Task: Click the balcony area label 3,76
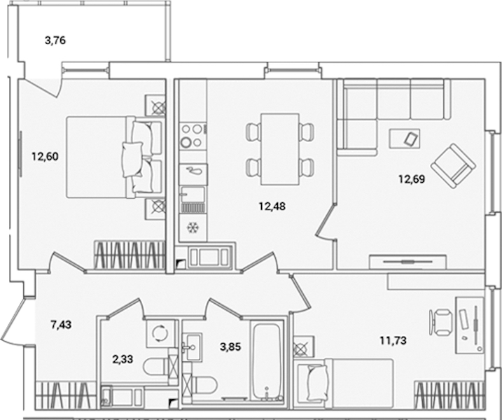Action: [x=55, y=41]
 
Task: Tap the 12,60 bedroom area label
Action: [x=45, y=157]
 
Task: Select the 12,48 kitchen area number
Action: [x=272, y=206]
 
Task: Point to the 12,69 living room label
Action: [x=412, y=179]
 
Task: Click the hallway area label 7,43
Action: [x=61, y=325]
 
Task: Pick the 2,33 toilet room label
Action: [x=123, y=360]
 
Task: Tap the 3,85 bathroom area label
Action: [x=230, y=346]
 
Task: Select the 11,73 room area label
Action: [x=393, y=340]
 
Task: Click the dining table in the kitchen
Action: [x=280, y=149]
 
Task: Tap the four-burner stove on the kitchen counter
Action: [x=193, y=135]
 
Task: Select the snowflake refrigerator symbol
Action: [x=193, y=227]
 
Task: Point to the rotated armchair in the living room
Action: [x=453, y=165]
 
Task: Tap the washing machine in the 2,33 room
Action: [x=160, y=334]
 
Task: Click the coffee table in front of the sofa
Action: [x=405, y=139]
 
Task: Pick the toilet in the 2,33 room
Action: [x=156, y=367]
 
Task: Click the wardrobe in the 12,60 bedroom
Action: [x=130, y=254]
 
